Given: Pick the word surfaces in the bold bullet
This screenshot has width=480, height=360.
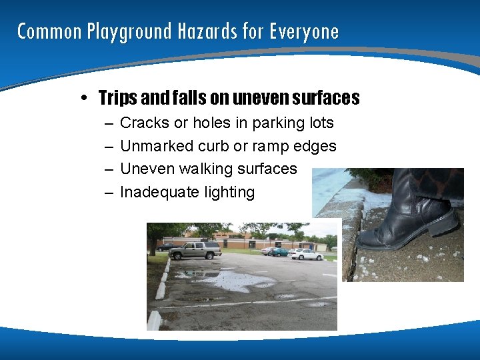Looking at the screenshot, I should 326,99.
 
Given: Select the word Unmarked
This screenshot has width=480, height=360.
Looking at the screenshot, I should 157,146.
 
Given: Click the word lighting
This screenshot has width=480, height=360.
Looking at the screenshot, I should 229,193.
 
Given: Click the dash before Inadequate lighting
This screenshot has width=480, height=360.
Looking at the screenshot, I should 108,192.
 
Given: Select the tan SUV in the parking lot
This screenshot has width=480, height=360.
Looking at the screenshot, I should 194,250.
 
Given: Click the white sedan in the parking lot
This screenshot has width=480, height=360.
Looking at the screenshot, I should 306,253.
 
